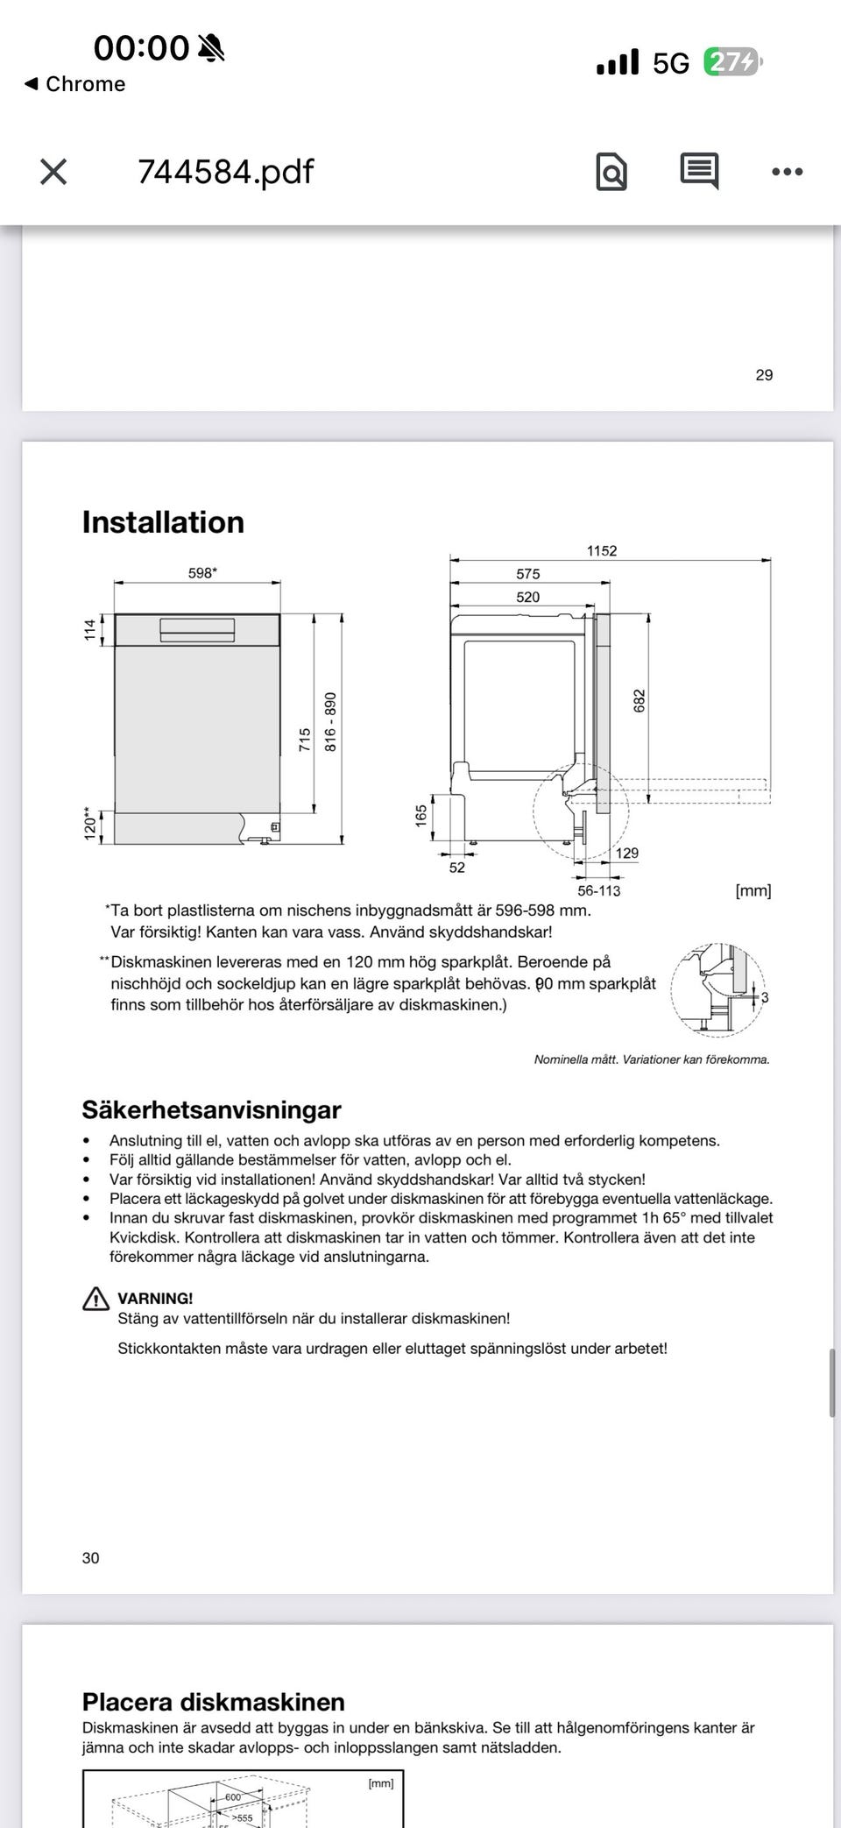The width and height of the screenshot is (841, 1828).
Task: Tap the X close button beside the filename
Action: tap(53, 172)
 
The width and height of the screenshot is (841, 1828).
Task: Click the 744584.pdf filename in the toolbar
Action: tap(225, 172)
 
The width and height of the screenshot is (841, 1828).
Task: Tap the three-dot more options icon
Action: tap(787, 172)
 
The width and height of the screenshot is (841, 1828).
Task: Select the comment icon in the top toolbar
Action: tap(699, 171)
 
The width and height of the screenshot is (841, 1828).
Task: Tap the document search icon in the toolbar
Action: tap(611, 172)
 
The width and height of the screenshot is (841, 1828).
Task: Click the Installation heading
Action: tap(163, 522)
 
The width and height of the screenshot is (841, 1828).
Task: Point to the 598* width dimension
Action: tap(202, 573)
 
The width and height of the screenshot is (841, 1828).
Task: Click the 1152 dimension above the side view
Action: tap(602, 550)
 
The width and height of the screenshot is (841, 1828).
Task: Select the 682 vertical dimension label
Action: tap(640, 701)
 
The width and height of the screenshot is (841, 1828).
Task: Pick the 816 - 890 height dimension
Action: tap(330, 721)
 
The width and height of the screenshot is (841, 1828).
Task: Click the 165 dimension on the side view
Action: tap(421, 816)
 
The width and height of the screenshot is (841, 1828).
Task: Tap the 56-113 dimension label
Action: tap(598, 890)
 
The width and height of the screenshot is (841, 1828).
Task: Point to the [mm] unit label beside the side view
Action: tap(753, 890)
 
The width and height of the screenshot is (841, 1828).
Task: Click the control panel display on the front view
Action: tap(197, 629)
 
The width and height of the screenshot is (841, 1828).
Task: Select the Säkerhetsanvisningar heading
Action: tap(211, 1109)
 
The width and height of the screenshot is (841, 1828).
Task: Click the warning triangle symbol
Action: tap(95, 1299)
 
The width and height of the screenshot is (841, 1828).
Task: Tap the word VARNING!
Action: tap(155, 1298)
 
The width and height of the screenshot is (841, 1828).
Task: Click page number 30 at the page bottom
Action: tap(91, 1556)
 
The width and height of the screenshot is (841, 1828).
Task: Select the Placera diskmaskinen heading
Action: tap(213, 1702)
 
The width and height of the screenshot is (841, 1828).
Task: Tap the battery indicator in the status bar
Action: tap(732, 62)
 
